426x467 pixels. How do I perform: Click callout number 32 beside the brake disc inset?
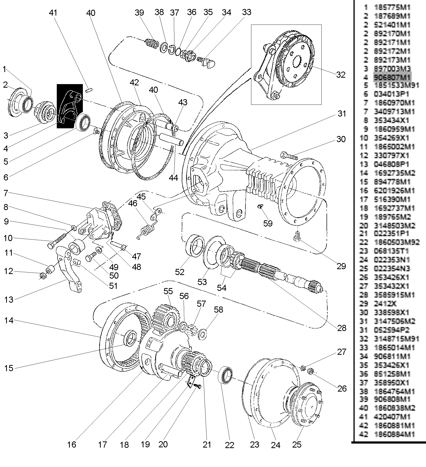[341, 75]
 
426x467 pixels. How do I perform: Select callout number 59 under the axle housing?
[268, 223]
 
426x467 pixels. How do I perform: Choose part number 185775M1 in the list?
[392, 7]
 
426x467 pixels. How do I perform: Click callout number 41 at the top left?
[53, 13]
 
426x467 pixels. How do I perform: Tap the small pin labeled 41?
[89, 90]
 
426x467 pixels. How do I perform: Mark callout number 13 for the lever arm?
[8, 299]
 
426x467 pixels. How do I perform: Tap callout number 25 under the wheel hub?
[297, 445]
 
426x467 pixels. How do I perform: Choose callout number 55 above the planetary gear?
[168, 291]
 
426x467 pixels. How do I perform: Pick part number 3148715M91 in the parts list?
[396, 339]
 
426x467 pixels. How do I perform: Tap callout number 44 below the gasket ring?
[173, 177]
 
